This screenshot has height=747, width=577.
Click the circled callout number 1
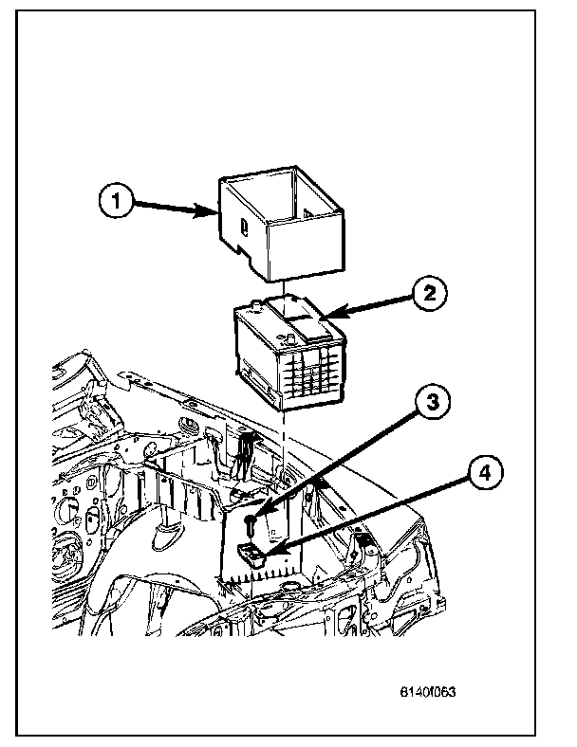(x=116, y=201)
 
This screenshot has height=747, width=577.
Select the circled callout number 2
(x=429, y=293)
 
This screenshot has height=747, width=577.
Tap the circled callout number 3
(x=432, y=402)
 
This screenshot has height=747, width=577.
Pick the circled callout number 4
(x=485, y=473)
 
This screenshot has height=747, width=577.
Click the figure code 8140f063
(x=428, y=691)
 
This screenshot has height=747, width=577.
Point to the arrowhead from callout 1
(x=206, y=210)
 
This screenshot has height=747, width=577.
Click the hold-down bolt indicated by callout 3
(x=249, y=524)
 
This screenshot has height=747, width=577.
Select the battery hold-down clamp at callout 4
(x=251, y=555)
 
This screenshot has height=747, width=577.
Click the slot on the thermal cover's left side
(x=244, y=228)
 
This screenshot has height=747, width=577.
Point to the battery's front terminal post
(x=289, y=338)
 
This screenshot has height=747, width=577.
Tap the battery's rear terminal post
(x=256, y=304)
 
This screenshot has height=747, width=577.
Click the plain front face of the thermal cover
(x=307, y=246)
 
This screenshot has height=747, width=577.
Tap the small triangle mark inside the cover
(x=308, y=214)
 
